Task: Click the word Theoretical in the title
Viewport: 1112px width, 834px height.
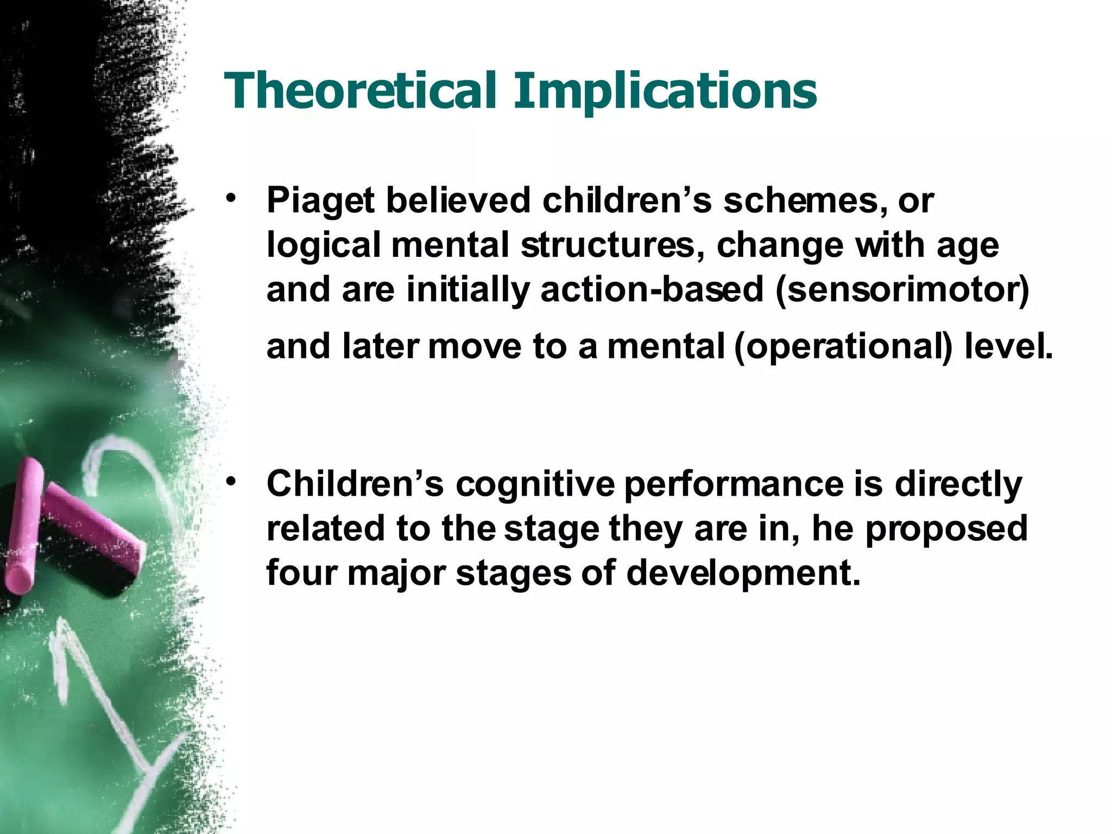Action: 360,91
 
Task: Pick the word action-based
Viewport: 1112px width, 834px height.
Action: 652,289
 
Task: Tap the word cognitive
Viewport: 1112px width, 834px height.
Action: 535,484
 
